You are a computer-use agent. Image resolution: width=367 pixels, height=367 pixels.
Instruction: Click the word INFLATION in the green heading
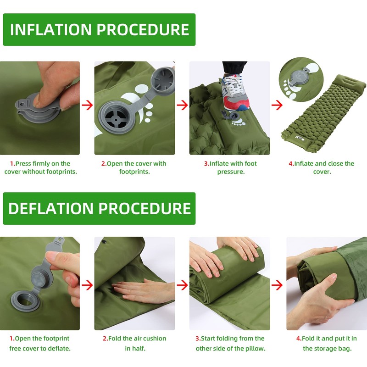(51, 29)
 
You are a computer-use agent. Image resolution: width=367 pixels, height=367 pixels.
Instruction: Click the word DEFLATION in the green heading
(51, 208)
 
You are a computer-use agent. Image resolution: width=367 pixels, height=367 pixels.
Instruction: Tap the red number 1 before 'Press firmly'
(12, 163)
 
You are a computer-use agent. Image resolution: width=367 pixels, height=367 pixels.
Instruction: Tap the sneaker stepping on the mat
(234, 93)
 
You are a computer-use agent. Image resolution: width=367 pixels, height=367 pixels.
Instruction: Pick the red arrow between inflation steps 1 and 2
(87, 105)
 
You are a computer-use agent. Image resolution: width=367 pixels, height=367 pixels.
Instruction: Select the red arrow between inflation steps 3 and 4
(277, 105)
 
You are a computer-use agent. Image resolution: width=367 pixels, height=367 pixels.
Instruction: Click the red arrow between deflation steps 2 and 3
(182, 285)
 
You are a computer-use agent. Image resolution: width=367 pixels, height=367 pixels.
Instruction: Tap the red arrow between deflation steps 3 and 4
(277, 285)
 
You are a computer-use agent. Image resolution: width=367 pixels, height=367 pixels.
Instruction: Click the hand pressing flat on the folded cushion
(144, 290)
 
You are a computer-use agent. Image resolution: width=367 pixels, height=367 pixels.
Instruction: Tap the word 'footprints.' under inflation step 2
(134, 172)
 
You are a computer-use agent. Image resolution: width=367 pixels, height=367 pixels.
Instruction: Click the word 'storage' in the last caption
(325, 349)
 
